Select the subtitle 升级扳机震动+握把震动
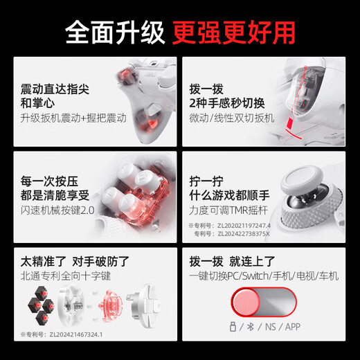73,118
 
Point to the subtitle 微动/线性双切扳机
231,118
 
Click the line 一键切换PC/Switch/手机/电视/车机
263,276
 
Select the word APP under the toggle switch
293,327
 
